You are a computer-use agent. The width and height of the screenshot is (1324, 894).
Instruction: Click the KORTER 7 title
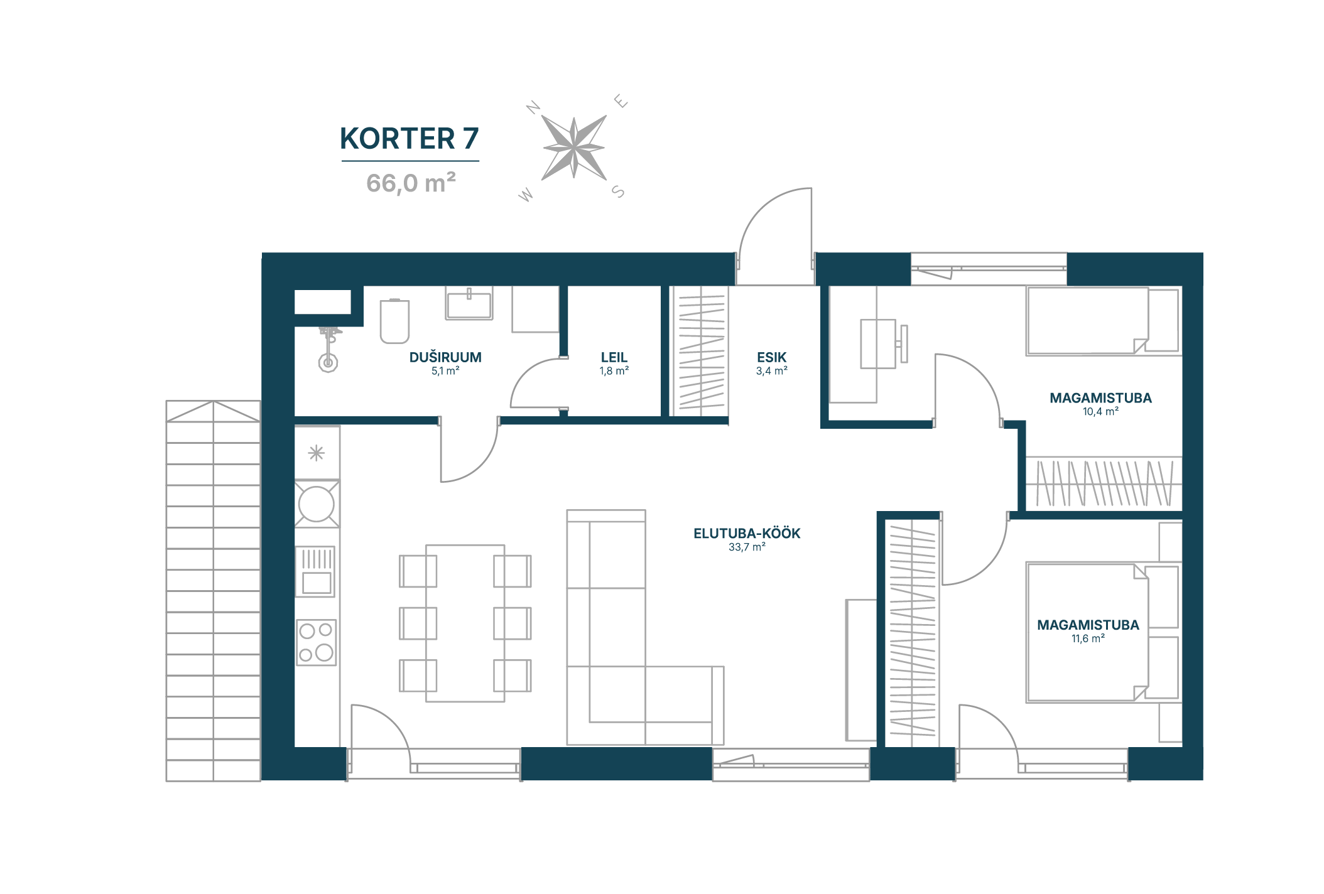pyautogui.click(x=409, y=139)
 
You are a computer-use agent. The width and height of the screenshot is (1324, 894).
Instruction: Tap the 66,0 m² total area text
pyautogui.click(x=411, y=183)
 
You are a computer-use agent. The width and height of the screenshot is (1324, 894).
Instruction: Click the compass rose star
pyautogui.click(x=574, y=148)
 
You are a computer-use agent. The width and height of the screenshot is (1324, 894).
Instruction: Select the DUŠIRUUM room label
pyautogui.click(x=445, y=357)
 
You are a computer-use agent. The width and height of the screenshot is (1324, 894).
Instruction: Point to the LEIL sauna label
pyautogui.click(x=614, y=357)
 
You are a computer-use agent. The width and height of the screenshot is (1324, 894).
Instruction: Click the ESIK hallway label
pyautogui.click(x=771, y=357)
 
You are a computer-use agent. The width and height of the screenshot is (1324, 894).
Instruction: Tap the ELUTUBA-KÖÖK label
pyautogui.click(x=747, y=533)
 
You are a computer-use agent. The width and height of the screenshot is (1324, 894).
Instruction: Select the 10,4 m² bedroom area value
pyautogui.click(x=1100, y=412)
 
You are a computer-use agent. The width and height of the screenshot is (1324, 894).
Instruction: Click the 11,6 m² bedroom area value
pyautogui.click(x=1088, y=638)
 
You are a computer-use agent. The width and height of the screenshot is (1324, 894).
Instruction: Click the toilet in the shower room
pyautogui.click(x=394, y=321)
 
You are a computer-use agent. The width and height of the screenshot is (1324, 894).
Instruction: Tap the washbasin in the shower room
pyautogui.click(x=469, y=303)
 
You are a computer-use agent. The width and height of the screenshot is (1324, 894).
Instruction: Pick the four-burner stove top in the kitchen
pyautogui.click(x=317, y=642)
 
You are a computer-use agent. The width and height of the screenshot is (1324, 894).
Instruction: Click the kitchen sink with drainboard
pyautogui.click(x=317, y=571)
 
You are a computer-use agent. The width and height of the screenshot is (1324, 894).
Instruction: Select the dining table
pyautogui.click(x=465, y=623)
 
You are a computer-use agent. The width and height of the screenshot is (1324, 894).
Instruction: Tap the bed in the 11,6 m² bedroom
pyautogui.click(x=1087, y=632)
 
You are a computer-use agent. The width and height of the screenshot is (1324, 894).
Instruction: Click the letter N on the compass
pyautogui.click(x=533, y=108)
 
